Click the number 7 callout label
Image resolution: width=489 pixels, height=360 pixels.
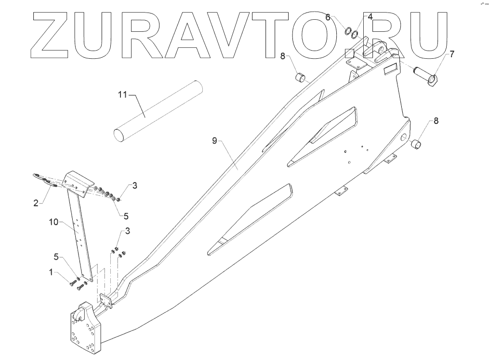[x=452, y=54]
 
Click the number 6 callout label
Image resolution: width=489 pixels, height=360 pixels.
[x=328, y=17]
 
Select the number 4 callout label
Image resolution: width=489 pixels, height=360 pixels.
[x=370, y=16]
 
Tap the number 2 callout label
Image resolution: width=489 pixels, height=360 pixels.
[x=36, y=203]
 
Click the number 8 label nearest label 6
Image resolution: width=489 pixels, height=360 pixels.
[x=284, y=56]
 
